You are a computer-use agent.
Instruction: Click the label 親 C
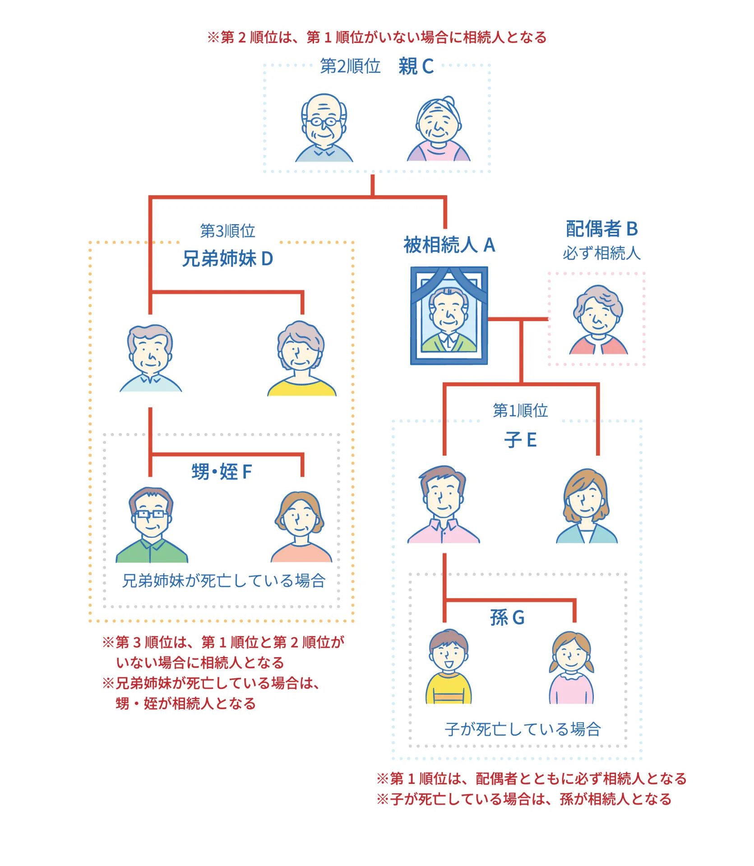point(416,67)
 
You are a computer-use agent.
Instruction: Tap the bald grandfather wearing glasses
point(324,128)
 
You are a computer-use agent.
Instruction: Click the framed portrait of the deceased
point(449,315)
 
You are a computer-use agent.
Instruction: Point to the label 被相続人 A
point(449,245)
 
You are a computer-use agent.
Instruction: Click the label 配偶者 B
point(601,229)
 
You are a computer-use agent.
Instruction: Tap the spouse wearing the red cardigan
point(598,320)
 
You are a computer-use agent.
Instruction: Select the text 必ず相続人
point(601,253)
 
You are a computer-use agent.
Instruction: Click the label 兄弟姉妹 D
point(227,258)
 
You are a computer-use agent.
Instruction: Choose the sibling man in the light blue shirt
point(150,358)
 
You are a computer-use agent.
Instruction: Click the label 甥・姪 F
point(222,472)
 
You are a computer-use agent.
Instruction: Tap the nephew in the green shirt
point(152,525)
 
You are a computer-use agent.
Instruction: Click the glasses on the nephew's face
point(151,514)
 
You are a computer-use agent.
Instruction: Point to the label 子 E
point(520,440)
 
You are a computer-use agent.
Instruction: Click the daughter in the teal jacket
point(586,506)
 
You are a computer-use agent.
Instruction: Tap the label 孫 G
point(507,617)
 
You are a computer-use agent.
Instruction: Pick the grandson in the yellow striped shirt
point(448,666)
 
